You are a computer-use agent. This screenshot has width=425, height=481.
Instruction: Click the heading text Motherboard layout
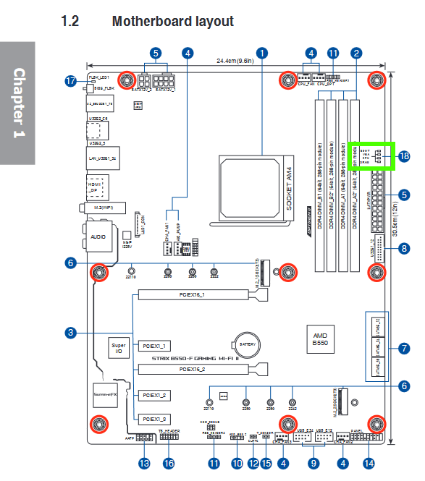coord(172,21)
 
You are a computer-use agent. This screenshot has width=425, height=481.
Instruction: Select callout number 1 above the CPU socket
coord(262,53)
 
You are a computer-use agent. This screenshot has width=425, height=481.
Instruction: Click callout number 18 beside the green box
coord(403,156)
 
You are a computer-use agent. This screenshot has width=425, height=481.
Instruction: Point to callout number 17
coord(70,82)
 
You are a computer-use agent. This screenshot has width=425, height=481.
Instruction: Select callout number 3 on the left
coord(70,333)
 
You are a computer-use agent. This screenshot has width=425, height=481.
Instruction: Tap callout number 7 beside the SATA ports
coord(403,349)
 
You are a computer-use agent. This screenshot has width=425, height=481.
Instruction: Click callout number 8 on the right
coord(403,248)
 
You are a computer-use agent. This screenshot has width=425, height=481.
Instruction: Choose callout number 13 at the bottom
coord(144,463)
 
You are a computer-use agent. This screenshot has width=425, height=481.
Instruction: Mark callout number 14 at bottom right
coord(369,463)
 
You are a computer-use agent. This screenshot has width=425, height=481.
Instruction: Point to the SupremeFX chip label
coord(106,395)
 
